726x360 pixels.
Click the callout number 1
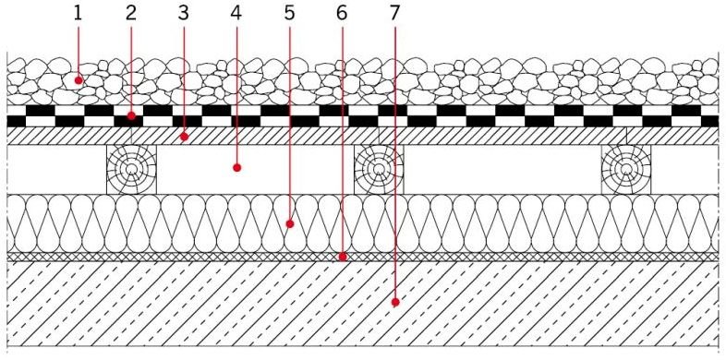[78, 14]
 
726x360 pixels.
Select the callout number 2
[131, 14]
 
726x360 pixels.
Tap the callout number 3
[184, 14]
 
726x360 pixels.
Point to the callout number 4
[236, 14]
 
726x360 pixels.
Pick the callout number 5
[289, 14]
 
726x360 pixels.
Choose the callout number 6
[342, 14]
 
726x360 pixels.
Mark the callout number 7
[394, 14]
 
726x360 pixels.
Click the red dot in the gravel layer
[79, 80]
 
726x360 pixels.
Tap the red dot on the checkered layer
[131, 115]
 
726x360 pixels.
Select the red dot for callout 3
[185, 137]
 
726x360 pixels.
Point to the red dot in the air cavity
[237, 168]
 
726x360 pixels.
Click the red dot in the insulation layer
[290, 224]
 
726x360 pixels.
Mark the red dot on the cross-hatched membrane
[343, 257]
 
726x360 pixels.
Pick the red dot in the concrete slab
[395, 303]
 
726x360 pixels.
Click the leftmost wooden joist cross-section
[132, 169]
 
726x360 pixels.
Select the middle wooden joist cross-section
[380, 169]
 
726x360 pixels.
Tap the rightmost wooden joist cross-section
[626, 169]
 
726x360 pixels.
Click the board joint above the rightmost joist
[626, 136]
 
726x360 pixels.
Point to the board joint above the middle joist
[380, 136]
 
